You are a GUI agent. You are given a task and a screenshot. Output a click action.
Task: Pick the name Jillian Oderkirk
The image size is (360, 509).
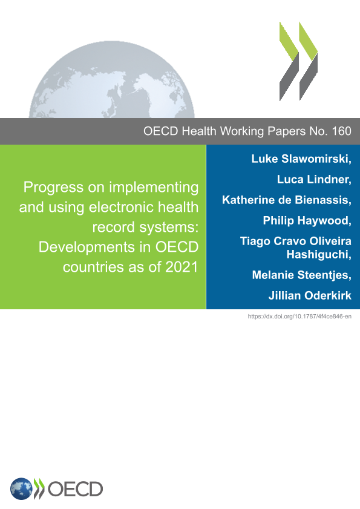[x=310, y=295]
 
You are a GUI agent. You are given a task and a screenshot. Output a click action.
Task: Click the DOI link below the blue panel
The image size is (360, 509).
[x=299, y=316]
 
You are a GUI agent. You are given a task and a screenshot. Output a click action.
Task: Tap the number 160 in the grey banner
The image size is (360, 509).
[x=341, y=131]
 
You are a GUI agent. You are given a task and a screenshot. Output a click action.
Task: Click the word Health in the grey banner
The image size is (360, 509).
[x=199, y=131]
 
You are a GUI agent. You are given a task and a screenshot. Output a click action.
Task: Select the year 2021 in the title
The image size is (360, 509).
[x=182, y=267]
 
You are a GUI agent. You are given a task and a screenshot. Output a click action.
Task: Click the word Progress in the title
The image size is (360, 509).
[x=53, y=188]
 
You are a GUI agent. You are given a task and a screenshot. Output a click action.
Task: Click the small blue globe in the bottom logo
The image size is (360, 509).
[x=21, y=489]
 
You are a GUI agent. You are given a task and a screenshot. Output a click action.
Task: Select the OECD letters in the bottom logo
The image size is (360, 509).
[x=75, y=489]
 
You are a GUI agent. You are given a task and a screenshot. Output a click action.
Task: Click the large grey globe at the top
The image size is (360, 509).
[x=112, y=79]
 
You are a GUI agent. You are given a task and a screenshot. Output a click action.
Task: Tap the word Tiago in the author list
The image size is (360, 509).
[x=255, y=241]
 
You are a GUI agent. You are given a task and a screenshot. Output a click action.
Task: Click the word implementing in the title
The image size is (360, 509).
[x=154, y=188]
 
